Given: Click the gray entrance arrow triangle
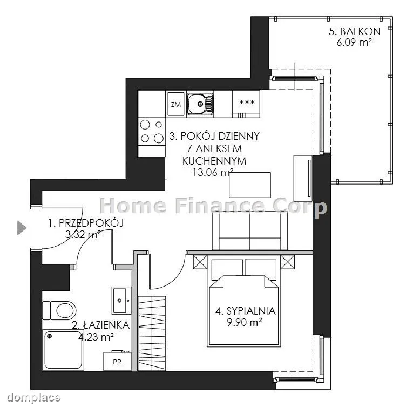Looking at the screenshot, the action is click(22, 228).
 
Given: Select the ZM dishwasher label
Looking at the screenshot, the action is click(175, 104).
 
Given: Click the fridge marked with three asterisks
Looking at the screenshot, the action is click(246, 104).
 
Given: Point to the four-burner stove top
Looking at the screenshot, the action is click(152, 132).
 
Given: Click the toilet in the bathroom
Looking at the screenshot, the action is click(59, 310).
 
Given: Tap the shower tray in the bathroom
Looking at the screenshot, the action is click(63, 350).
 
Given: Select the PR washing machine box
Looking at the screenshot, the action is click(117, 361).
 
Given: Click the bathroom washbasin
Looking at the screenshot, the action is click(121, 301).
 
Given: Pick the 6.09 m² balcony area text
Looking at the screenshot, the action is click(354, 43).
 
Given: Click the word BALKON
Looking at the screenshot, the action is click(360, 32).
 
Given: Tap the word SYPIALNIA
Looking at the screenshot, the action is click(250, 311).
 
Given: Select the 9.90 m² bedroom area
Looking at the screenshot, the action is click(245, 322).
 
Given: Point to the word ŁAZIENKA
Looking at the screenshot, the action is click(106, 325).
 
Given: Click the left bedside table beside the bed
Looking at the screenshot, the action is click(200, 262).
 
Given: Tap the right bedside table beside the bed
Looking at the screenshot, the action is click(287, 262).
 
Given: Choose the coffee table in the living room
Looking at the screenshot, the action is click(250, 185).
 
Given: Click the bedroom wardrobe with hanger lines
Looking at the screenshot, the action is click(152, 334).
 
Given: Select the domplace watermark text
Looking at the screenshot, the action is click(34, 398).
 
